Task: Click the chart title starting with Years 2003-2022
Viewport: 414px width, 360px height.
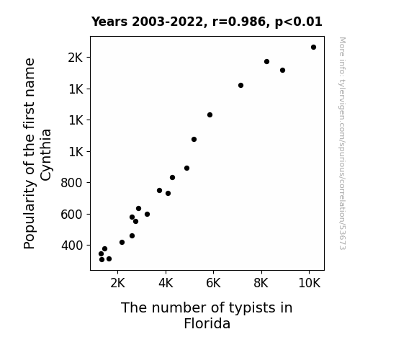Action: [x=207, y=22]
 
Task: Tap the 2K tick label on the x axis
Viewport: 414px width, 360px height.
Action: [x=117, y=283]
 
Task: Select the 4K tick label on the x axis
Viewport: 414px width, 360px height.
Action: [x=166, y=283]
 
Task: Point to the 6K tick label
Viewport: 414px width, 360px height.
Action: [x=213, y=283]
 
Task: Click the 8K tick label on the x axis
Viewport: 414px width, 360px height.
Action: [x=261, y=283]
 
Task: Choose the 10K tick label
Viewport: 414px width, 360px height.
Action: [x=309, y=283]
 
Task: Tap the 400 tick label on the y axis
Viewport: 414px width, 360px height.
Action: [x=72, y=246]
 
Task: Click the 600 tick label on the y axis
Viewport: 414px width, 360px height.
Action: [x=72, y=215]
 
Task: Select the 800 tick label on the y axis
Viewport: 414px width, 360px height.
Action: [x=72, y=183]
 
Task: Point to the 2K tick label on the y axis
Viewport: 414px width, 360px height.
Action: [x=76, y=58]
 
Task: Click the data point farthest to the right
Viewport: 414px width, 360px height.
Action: [x=313, y=48]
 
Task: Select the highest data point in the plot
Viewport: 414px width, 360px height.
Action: [x=313, y=48]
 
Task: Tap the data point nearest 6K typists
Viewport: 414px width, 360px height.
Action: [x=210, y=115]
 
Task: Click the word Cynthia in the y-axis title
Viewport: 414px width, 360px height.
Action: [x=46, y=155]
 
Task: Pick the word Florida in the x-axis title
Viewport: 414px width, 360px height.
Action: [x=207, y=323]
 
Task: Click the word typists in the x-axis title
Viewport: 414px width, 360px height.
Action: [x=246, y=308]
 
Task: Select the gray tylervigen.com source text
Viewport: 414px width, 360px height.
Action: [x=342, y=143]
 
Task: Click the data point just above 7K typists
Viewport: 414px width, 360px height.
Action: [x=240, y=85]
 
